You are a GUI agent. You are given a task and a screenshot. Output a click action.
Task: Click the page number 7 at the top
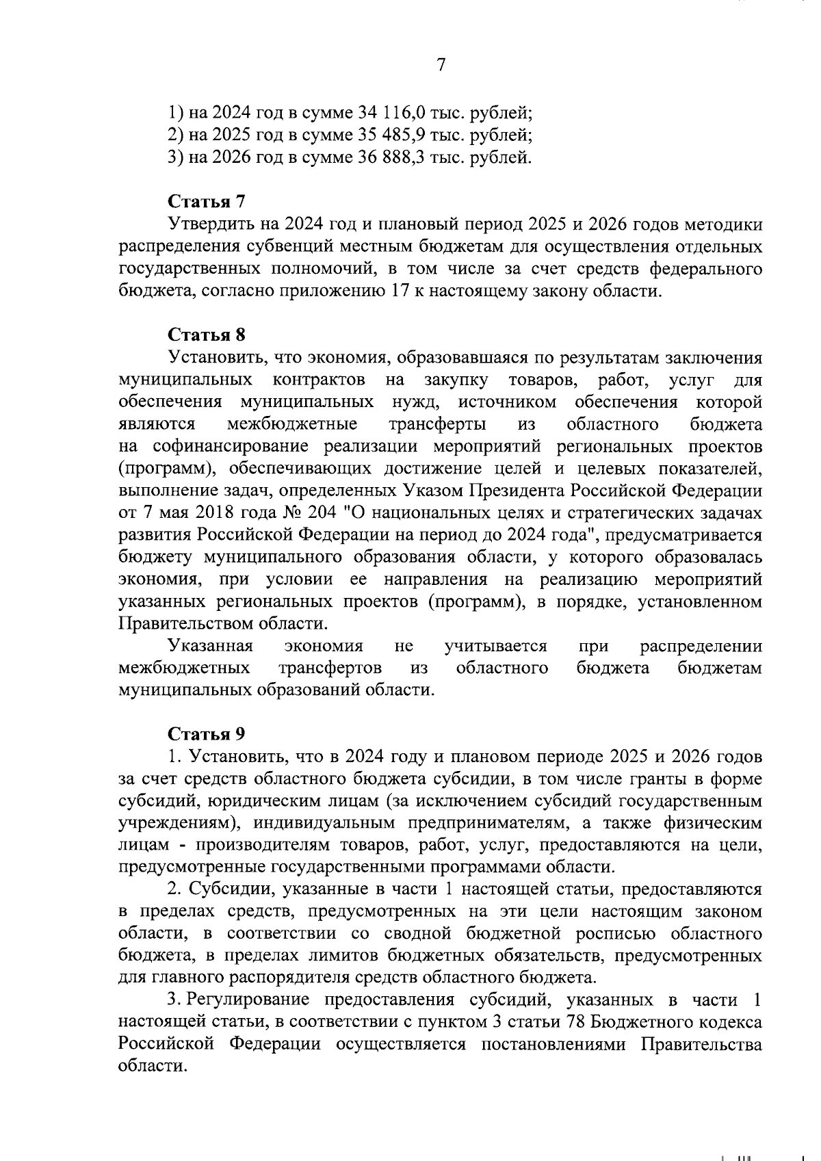(x=441, y=65)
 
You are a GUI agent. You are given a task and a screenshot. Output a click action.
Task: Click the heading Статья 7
(x=206, y=203)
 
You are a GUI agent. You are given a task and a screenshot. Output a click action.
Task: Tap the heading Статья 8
(x=206, y=335)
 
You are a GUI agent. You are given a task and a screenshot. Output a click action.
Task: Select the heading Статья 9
(x=206, y=733)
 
